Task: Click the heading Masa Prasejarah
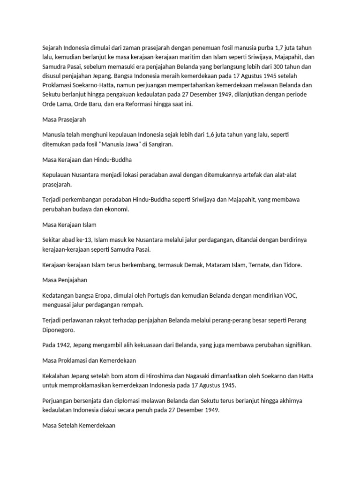click(64, 120)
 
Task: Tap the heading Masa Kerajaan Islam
click(69, 225)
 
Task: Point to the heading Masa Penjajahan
click(65, 280)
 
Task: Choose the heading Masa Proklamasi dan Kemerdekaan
click(89, 360)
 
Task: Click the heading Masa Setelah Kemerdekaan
click(79, 426)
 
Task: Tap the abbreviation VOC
click(289, 296)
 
